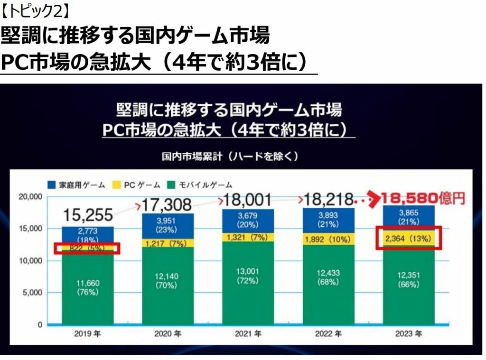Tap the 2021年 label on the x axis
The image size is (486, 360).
point(248,334)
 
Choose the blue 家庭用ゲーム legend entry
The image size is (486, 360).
point(76,185)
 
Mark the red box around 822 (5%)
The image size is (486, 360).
point(87,248)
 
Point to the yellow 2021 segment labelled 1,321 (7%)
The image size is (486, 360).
point(248,237)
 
